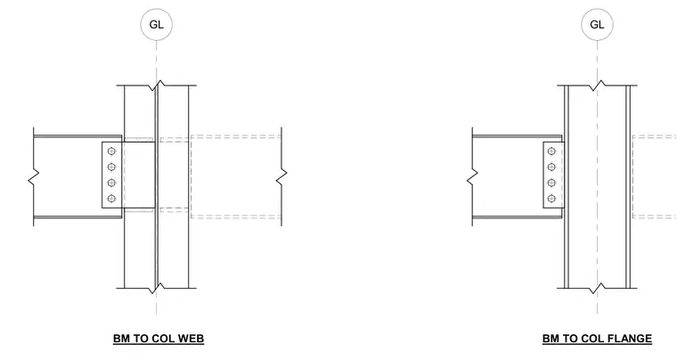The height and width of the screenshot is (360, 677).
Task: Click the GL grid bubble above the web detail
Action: tap(156, 24)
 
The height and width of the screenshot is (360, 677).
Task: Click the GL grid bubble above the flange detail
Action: tap(597, 24)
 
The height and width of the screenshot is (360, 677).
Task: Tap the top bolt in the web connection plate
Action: tap(111, 151)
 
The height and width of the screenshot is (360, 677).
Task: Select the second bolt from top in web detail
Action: tap(111, 167)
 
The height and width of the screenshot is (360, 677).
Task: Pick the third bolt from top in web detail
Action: tap(111, 183)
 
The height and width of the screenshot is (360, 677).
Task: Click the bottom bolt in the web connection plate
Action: tap(111, 199)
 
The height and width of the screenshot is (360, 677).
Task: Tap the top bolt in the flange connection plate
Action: tap(551, 151)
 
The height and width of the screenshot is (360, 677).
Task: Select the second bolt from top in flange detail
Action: tap(551, 167)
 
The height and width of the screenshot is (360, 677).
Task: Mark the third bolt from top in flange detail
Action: tap(551, 183)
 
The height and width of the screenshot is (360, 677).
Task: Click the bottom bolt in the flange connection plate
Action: tap(551, 199)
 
